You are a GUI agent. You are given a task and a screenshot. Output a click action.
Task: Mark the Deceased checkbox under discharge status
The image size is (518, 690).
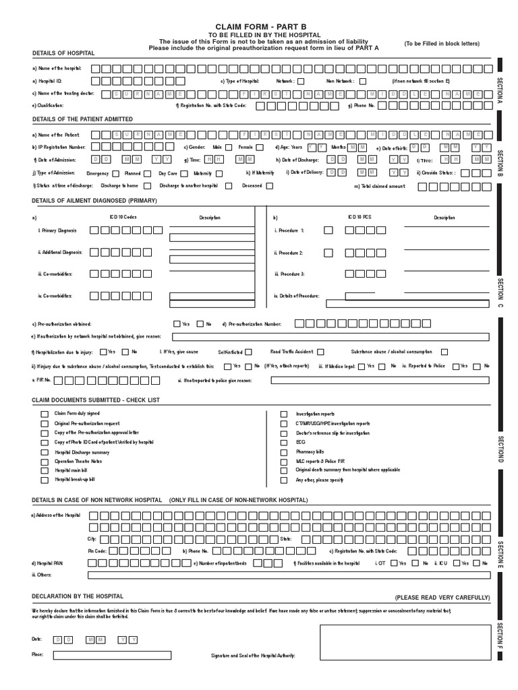click(x=270, y=185)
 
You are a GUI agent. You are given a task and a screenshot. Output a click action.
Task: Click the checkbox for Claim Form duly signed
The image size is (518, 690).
click(x=45, y=414)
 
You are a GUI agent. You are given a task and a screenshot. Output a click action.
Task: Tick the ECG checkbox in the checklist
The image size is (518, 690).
click(x=285, y=442)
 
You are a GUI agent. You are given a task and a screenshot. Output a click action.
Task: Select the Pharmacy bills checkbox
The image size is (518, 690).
click(x=285, y=451)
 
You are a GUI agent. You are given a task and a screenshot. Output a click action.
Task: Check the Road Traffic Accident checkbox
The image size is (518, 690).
click(x=320, y=352)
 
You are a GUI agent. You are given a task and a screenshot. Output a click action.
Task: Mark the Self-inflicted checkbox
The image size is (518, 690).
click(x=249, y=352)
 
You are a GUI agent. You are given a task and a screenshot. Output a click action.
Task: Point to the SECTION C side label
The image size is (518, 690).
click(x=500, y=292)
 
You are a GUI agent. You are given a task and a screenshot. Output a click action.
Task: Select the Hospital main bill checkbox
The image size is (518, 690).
click(x=45, y=470)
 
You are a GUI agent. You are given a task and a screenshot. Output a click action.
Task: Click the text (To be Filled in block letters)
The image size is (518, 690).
click(x=442, y=44)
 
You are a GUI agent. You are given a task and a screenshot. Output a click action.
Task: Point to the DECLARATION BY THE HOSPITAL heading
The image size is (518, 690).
click(x=78, y=596)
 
